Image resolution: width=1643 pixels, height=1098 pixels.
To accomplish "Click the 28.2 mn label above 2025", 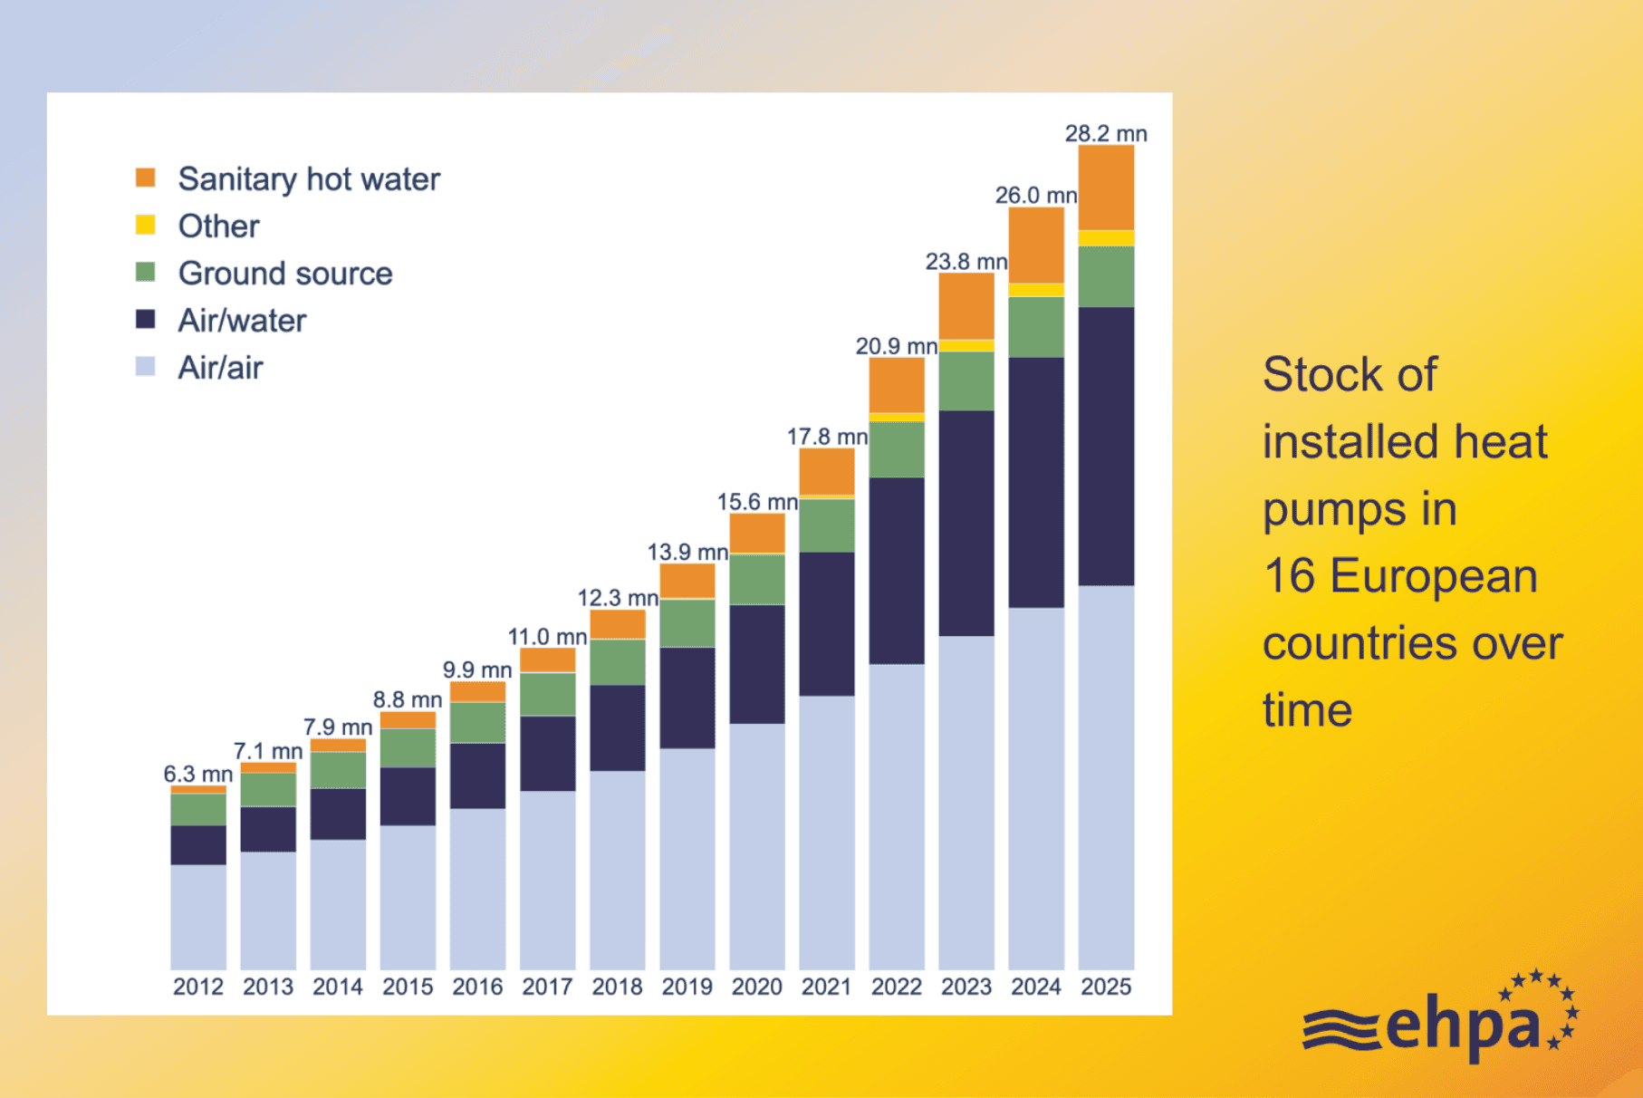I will click(x=1105, y=133).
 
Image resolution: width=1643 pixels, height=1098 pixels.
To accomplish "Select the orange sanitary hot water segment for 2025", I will click(x=1106, y=188).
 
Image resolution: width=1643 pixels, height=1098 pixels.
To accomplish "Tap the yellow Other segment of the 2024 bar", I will click(x=1036, y=290).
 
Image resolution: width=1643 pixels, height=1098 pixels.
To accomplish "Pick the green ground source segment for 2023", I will click(x=966, y=380).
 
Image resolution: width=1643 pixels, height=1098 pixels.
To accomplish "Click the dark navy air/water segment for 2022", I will click(x=897, y=571).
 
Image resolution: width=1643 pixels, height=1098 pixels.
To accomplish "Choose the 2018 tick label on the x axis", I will click(x=617, y=987).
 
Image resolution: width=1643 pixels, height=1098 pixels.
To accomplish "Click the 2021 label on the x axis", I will click(x=826, y=987).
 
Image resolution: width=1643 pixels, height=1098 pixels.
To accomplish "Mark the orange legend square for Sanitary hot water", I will click(x=145, y=178).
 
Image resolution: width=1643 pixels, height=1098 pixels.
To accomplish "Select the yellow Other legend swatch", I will click(x=145, y=225).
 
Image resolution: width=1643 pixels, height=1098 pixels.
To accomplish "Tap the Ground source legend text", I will click(x=285, y=274).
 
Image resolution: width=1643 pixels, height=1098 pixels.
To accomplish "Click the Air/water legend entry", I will click(x=242, y=321).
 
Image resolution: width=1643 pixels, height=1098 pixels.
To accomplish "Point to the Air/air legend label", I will click(x=220, y=368).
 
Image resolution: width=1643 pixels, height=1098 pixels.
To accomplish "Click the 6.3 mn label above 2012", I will click(x=197, y=774).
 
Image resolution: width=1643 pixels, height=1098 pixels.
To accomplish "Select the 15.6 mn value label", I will click(x=757, y=502).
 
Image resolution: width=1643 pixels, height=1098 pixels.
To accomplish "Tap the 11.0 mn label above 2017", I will click(x=547, y=637).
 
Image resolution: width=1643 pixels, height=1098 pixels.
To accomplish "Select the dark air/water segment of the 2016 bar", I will click(x=477, y=775).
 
